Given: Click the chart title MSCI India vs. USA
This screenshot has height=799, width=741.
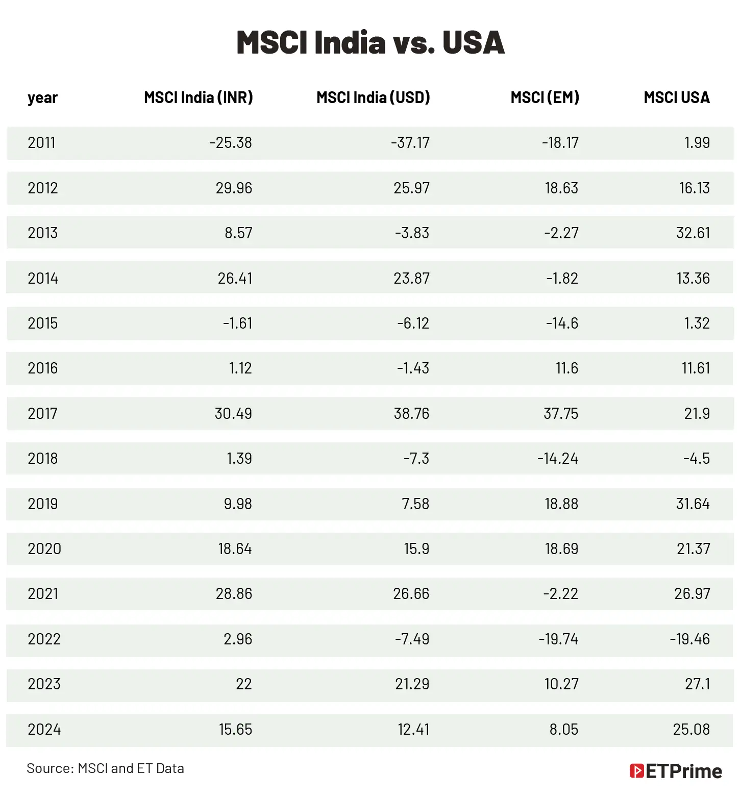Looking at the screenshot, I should pyautogui.click(x=370, y=42).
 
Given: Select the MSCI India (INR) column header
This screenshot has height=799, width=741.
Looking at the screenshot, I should pyautogui.click(x=199, y=97).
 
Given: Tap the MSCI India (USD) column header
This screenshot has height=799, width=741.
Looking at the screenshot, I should pyautogui.click(x=373, y=97).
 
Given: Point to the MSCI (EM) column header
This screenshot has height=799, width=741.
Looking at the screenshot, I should pyautogui.click(x=545, y=97).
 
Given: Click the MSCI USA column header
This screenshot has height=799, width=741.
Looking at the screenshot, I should pyautogui.click(x=676, y=97).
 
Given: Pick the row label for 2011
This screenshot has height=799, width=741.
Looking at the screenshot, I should pyautogui.click(x=41, y=143).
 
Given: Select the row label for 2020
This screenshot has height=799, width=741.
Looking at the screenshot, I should pyautogui.click(x=44, y=549).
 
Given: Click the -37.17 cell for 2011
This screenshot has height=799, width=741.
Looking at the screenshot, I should pyautogui.click(x=410, y=143).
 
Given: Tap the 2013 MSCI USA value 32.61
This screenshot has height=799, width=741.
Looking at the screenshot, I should pyautogui.click(x=693, y=233).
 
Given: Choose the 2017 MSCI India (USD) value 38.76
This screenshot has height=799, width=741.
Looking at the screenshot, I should pyautogui.click(x=411, y=414).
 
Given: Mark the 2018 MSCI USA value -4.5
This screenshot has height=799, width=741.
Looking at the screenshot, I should pyautogui.click(x=696, y=459).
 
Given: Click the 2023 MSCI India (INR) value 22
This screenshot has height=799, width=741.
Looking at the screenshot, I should pyautogui.click(x=243, y=684).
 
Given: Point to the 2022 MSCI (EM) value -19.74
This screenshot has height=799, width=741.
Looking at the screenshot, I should pyautogui.click(x=558, y=639).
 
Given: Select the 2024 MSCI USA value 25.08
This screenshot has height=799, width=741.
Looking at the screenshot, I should pyautogui.click(x=691, y=730).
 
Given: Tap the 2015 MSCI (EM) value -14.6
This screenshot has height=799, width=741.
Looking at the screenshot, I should pyautogui.click(x=562, y=323).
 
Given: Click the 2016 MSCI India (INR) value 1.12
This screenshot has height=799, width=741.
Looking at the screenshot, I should pyautogui.click(x=240, y=368).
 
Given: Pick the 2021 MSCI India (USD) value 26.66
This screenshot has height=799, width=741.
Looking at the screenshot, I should pyautogui.click(x=411, y=594).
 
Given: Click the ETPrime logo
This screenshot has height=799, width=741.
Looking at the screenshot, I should pyautogui.click(x=676, y=771).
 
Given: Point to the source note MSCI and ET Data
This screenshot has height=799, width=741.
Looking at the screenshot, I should pyautogui.click(x=105, y=768).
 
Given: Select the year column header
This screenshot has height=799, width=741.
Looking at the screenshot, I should pyautogui.click(x=42, y=97).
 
